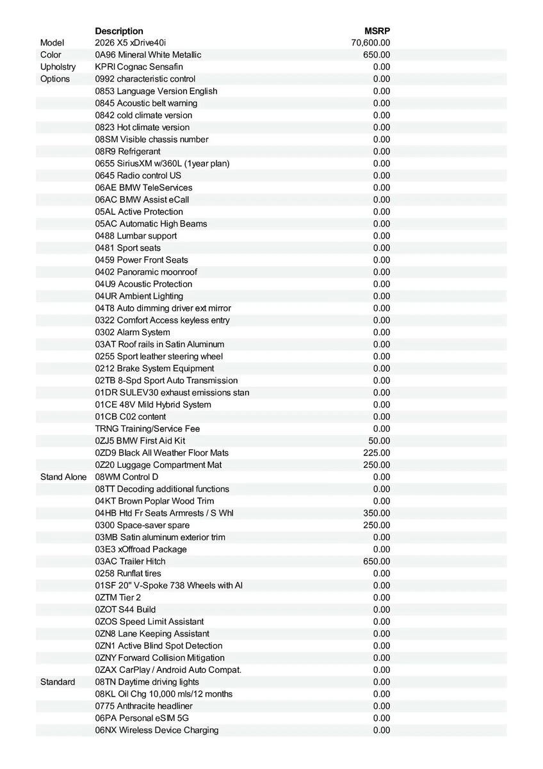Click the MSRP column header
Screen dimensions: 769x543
pos(377,31)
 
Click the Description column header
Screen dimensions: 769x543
pos(119,31)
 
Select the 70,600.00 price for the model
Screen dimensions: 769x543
pos(371,43)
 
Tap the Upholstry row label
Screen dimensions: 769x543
pos(58,67)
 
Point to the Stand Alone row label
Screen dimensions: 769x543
pos(63,477)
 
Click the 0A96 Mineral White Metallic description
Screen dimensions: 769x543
pos(148,54)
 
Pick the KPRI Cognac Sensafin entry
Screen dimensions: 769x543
pos(138,67)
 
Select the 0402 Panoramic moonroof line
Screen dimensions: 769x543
pos(146,272)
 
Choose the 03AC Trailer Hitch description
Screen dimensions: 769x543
pos(130,561)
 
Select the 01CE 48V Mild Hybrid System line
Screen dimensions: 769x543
pos(153,404)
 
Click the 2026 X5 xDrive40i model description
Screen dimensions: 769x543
pos(131,43)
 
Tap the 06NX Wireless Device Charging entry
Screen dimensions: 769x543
pos(157,730)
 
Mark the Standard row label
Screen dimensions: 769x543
pos(58,682)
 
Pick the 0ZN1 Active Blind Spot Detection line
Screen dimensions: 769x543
pos(159,645)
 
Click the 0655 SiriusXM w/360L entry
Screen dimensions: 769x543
pos(162,163)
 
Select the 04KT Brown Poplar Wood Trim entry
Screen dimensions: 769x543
pos(154,501)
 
